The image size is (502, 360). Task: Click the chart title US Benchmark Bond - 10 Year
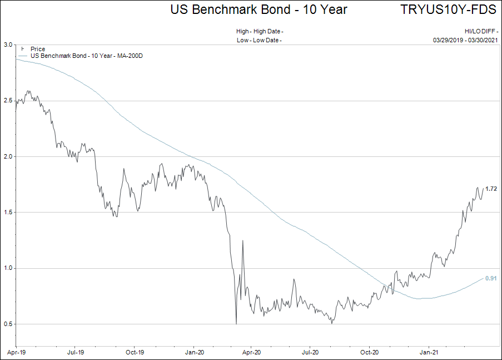click(259, 9)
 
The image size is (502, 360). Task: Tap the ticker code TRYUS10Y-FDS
click(448, 9)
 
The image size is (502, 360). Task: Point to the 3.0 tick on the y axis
click(8, 45)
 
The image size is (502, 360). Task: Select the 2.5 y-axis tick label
click(8, 101)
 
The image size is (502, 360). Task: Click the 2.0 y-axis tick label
click(8, 156)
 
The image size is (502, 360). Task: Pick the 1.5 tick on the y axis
click(8, 212)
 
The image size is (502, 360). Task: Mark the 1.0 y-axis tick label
click(8, 268)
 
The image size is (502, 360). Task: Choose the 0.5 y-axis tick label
click(8, 324)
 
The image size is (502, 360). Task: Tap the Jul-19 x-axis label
click(76, 352)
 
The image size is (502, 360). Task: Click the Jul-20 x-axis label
click(310, 352)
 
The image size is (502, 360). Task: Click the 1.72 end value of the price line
click(491, 189)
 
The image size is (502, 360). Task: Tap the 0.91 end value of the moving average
click(491, 278)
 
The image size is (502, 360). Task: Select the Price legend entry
click(38, 50)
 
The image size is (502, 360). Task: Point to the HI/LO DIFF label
click(480, 32)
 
